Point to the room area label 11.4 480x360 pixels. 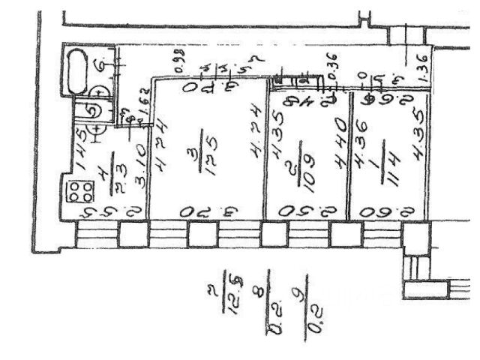(390, 165)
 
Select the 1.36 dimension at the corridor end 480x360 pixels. (421, 68)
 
